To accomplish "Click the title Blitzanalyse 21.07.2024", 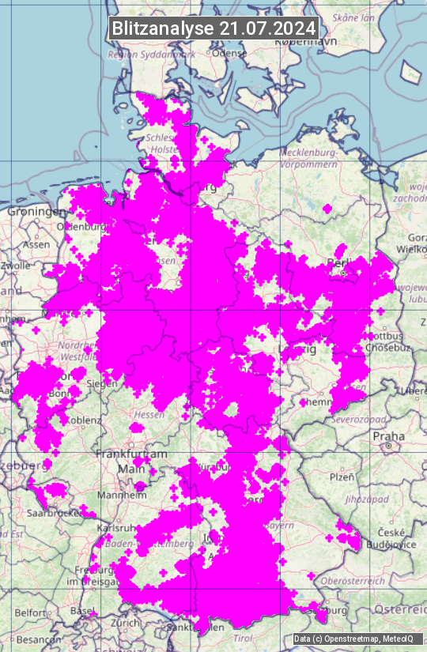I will pyautogui.click(x=213, y=28).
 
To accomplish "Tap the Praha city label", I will pyautogui.click(x=389, y=436).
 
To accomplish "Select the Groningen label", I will pyautogui.click(x=36, y=212).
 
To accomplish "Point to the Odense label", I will pyautogui.click(x=229, y=53).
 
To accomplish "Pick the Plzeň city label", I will pyautogui.click(x=342, y=477).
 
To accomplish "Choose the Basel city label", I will pyautogui.click(x=82, y=611).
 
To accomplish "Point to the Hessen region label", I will pyautogui.click(x=149, y=413).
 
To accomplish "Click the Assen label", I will pyautogui.click(x=36, y=245).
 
